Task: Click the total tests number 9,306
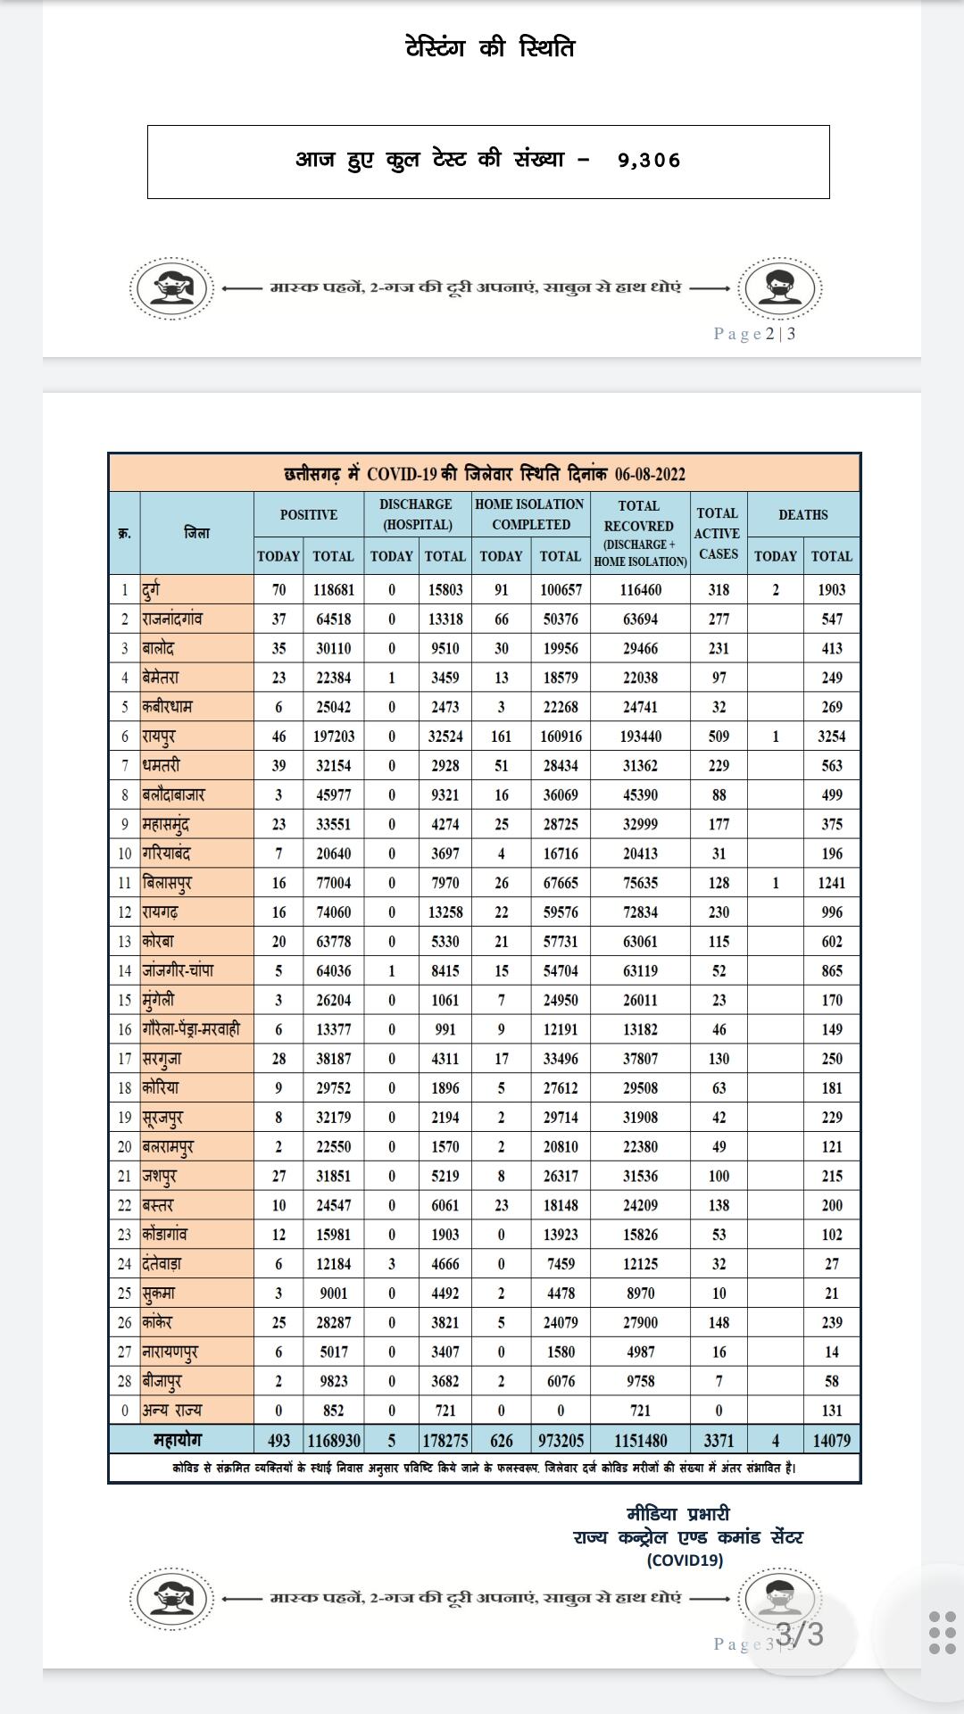[x=649, y=161]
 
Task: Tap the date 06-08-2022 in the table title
[x=650, y=474]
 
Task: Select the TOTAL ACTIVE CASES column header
[x=718, y=533]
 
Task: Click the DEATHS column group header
[x=802, y=514]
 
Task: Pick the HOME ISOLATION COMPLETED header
[x=530, y=514]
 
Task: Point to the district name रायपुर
[x=159, y=736]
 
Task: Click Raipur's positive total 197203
[x=333, y=736]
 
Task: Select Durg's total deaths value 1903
[x=831, y=589]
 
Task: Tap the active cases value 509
[x=719, y=736]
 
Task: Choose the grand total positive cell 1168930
[x=334, y=1440]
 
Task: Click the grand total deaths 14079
[x=831, y=1440]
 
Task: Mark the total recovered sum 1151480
[x=640, y=1440]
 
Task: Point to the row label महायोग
[x=178, y=1439]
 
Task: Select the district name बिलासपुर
[x=167, y=883]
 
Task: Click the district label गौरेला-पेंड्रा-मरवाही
[x=191, y=1029]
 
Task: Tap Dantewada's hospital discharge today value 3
[x=391, y=1264]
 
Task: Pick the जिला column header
[x=196, y=533]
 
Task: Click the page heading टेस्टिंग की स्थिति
[x=490, y=47]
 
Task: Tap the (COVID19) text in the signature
[x=685, y=1560]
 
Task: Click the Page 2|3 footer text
[x=754, y=334]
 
